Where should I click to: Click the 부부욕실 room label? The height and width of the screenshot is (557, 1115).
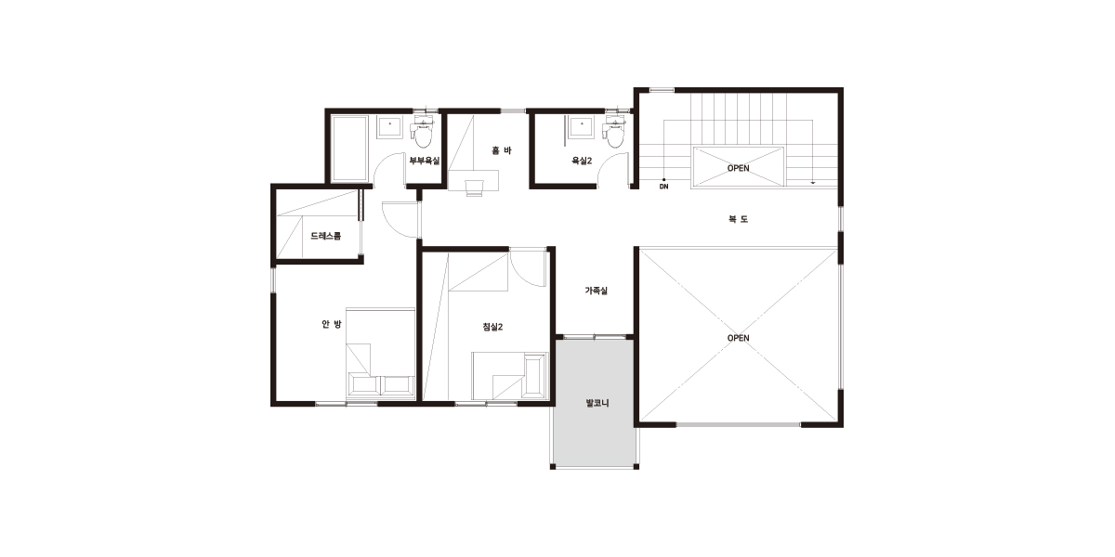[x=425, y=161]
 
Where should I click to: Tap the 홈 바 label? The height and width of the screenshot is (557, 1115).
[x=501, y=150]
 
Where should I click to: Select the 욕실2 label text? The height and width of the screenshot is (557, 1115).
[x=582, y=161]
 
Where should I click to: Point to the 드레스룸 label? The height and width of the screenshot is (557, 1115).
[x=326, y=236]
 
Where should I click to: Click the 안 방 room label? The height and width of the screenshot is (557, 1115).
[x=332, y=324]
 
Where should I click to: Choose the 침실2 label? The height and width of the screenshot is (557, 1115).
[x=492, y=327]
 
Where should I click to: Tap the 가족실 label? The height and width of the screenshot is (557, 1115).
[x=596, y=291]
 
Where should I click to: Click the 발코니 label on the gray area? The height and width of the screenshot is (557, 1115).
[x=597, y=403]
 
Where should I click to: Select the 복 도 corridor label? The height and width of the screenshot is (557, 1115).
[x=738, y=219]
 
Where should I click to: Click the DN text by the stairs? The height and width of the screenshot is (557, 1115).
[x=664, y=187]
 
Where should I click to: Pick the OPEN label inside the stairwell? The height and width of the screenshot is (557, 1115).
[x=738, y=168]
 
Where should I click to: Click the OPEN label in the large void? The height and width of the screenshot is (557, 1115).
[x=738, y=338]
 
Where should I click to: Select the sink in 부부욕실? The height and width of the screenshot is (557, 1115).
[x=389, y=127]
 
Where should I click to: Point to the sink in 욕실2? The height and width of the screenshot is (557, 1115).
[x=582, y=127]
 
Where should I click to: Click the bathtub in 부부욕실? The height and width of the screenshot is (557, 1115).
[x=350, y=149]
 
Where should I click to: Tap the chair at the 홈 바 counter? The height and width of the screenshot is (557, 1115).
[x=474, y=188]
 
